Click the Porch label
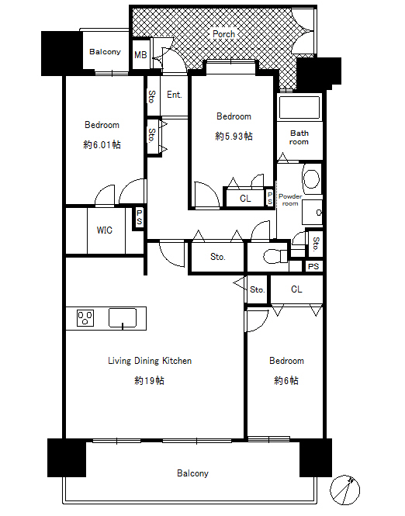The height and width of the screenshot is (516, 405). [223, 34]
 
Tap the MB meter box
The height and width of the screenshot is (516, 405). [140, 54]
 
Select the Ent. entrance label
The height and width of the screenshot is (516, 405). [175, 95]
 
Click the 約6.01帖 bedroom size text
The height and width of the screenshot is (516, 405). [102, 144]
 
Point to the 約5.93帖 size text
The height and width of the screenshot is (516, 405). [234, 136]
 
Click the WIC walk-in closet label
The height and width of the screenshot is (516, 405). [104, 230]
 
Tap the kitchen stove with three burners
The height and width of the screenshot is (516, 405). [85, 318]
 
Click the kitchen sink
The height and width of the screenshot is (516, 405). [123, 318]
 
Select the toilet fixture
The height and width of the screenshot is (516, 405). [275, 256]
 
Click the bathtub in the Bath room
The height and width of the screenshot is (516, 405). [299, 107]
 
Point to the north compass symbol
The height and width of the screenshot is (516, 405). [344, 490]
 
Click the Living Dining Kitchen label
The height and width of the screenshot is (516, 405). [150, 361]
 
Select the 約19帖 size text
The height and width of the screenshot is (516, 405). [150, 380]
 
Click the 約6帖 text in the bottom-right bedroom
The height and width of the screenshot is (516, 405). [286, 380]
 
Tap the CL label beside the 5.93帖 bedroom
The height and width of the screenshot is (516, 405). [245, 199]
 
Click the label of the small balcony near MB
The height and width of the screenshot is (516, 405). [105, 52]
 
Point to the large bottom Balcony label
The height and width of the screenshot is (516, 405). [192, 473]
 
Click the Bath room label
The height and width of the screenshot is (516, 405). [299, 137]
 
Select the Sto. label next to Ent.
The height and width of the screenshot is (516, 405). [152, 96]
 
